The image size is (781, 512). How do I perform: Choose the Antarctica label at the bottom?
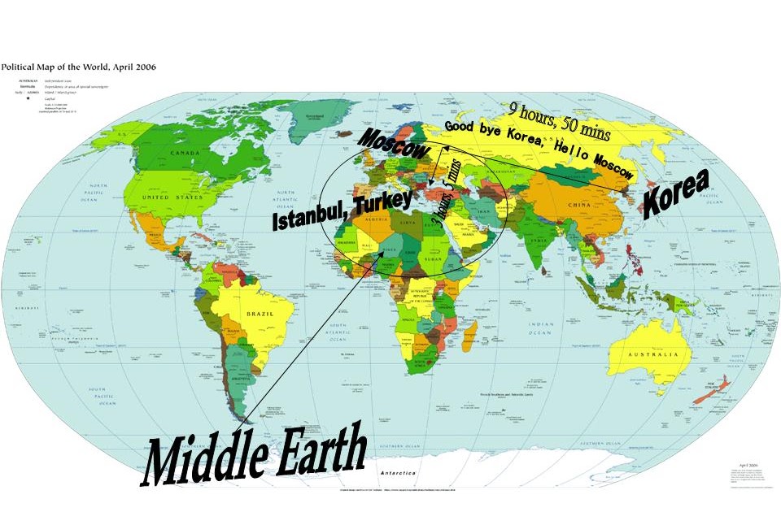396,472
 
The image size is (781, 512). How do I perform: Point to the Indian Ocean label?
539,329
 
